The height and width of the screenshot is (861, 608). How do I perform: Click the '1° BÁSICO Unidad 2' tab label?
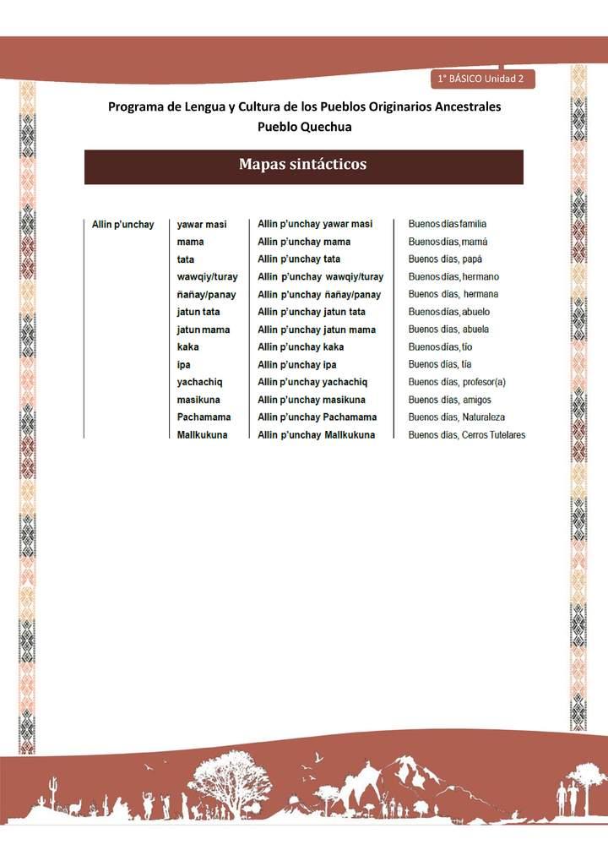pyautogui.click(x=480, y=79)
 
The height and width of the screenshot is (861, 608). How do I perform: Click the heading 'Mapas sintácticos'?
pyautogui.click(x=303, y=165)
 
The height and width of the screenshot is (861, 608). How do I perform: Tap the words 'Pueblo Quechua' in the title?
pyautogui.click(x=304, y=127)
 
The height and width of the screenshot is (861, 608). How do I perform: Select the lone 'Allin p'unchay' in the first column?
pyautogui.click(x=122, y=225)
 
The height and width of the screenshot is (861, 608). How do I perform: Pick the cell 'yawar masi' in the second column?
pyautogui.click(x=202, y=225)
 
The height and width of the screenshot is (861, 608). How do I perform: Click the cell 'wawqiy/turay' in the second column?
pyautogui.click(x=207, y=277)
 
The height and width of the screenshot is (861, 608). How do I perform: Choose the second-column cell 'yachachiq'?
pyautogui.click(x=199, y=382)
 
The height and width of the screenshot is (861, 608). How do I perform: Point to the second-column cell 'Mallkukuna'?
pyautogui.click(x=202, y=435)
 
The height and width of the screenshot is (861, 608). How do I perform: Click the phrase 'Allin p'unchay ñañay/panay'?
pyautogui.click(x=319, y=295)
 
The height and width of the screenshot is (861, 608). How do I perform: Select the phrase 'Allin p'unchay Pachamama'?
pyautogui.click(x=318, y=417)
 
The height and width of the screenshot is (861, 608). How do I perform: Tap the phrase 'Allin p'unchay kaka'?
pyautogui.click(x=301, y=347)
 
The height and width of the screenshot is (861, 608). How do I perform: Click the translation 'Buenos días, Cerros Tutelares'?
pyautogui.click(x=467, y=435)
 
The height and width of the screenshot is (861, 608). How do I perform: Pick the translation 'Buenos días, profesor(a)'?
pyautogui.click(x=457, y=382)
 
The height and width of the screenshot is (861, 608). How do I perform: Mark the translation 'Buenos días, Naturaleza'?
pyautogui.click(x=457, y=417)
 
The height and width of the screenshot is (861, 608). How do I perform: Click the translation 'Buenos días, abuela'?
pyautogui.click(x=448, y=330)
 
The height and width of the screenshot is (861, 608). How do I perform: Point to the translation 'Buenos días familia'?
pyautogui.click(x=447, y=225)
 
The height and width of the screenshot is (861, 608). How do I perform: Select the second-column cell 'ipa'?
pyautogui.click(x=184, y=365)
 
